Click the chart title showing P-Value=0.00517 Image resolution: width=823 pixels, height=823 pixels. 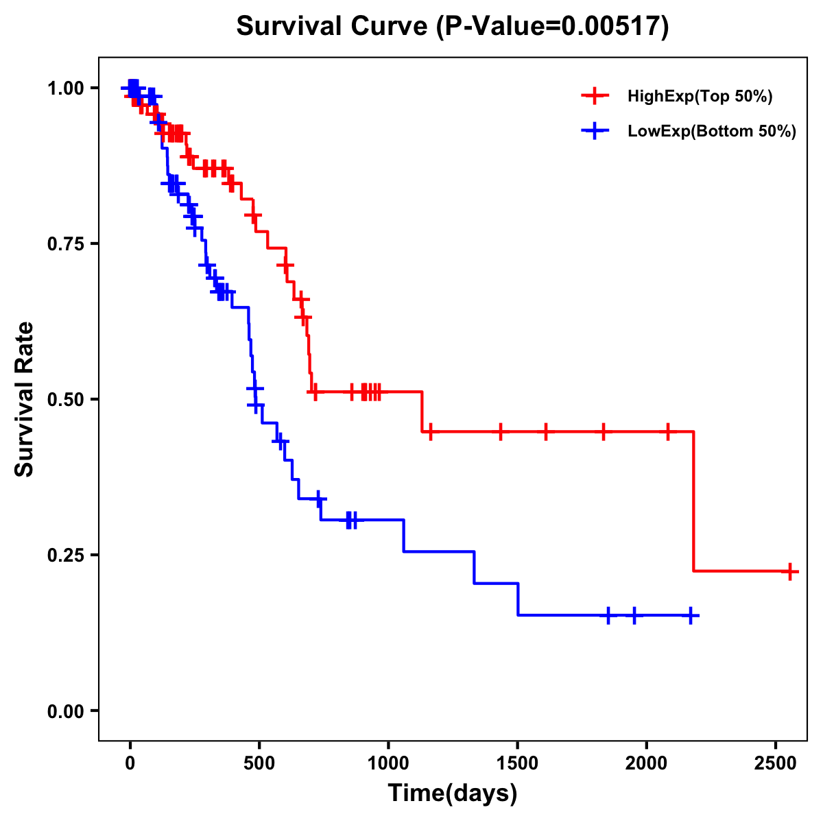point(452,26)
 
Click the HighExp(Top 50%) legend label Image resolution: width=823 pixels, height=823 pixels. point(700,97)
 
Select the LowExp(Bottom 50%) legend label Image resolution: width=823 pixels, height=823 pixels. point(712,132)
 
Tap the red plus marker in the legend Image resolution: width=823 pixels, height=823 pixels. point(595,96)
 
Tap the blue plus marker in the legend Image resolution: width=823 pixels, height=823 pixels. point(595,131)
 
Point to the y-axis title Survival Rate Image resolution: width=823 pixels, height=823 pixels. point(25,399)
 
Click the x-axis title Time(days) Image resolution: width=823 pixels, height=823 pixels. point(453,794)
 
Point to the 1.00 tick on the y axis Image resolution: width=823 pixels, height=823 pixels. point(65,88)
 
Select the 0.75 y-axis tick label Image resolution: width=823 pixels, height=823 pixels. point(65,244)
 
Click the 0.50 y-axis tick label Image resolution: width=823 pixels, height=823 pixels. point(65,400)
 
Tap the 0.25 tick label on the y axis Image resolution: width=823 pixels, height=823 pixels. point(65,556)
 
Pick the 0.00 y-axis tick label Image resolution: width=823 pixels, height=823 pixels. point(65,711)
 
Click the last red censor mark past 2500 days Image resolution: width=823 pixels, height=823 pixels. point(790,571)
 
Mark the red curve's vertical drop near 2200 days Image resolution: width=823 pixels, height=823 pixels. point(693,501)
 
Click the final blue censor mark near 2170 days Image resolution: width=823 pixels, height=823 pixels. point(691,615)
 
